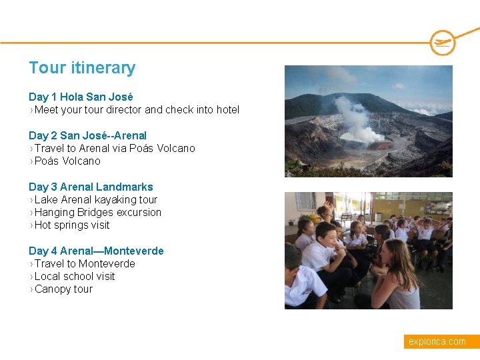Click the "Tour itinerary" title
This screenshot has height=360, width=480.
(x=82, y=68)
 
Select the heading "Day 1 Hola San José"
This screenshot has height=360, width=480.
(x=81, y=97)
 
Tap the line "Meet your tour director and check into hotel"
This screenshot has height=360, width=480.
(x=137, y=109)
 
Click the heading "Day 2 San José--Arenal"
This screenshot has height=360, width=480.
(x=87, y=135)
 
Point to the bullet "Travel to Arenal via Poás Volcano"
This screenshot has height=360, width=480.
(x=115, y=148)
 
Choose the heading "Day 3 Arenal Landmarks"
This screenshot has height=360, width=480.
(x=91, y=187)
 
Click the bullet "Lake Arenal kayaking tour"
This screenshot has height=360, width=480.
(x=96, y=199)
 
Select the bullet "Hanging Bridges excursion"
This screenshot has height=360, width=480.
(x=98, y=212)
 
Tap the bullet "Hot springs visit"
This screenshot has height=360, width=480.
(x=72, y=225)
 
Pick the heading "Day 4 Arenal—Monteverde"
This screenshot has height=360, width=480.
(x=96, y=251)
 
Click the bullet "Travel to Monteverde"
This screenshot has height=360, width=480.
(x=85, y=263)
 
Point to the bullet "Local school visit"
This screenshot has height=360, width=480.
(x=75, y=276)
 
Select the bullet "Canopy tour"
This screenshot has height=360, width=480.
(x=63, y=289)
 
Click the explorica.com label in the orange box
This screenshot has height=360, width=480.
(x=437, y=341)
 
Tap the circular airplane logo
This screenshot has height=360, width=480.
(x=443, y=43)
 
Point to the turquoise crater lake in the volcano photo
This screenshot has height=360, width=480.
(x=353, y=137)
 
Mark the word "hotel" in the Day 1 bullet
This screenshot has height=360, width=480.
(x=226, y=109)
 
